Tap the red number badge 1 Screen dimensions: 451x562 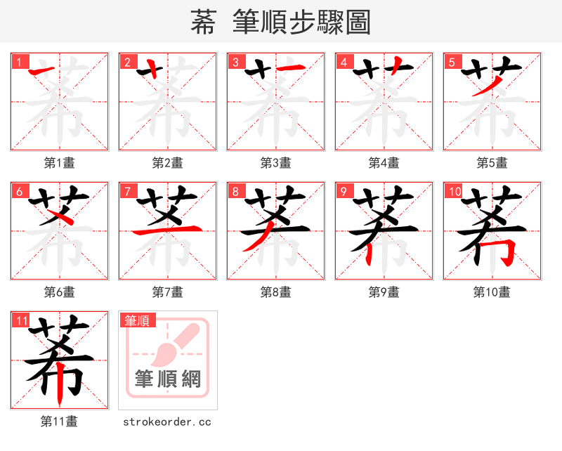(x=18, y=62)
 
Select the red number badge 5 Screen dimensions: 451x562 (x=450, y=62)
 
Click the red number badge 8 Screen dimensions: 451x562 (x=234, y=191)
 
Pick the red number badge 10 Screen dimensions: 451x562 (x=453, y=191)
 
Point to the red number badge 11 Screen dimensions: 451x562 (x=20, y=320)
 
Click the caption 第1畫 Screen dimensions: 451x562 (x=60, y=163)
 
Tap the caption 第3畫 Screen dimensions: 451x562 (x=276, y=163)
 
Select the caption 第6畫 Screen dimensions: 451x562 (x=60, y=292)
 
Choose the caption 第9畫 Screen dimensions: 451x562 (x=384, y=292)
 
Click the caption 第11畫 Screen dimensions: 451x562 (x=60, y=421)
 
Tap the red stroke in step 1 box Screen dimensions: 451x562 (x=44, y=70)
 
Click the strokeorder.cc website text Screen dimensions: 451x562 (x=167, y=421)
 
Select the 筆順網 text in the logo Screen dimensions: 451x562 (x=168, y=379)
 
